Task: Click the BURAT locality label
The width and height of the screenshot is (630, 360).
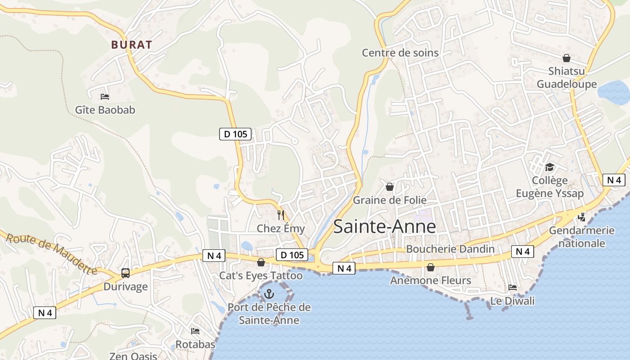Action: [131, 45]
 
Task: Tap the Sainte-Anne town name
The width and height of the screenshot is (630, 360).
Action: [384, 226]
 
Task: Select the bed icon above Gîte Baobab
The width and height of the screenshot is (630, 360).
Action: [105, 96]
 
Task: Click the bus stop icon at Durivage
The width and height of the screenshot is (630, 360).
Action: [126, 273]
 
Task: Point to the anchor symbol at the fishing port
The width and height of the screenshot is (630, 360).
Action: [269, 294]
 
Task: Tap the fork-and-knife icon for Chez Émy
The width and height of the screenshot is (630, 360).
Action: [281, 215]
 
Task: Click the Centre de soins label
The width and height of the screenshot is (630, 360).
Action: [400, 53]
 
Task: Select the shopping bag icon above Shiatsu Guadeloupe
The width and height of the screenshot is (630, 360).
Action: [566, 58]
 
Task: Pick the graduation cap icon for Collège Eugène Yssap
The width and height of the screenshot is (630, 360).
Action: [549, 167]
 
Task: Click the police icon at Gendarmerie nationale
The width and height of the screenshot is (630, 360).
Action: [582, 217]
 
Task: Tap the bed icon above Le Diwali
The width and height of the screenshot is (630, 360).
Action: [512, 288]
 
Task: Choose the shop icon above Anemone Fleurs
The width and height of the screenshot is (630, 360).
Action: [430, 267]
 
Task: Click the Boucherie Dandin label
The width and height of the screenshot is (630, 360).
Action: [450, 249]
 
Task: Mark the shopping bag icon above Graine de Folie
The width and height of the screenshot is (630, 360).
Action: [390, 187]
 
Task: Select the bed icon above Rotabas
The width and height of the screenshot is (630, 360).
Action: [195, 331]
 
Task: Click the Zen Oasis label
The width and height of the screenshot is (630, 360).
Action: [133, 356]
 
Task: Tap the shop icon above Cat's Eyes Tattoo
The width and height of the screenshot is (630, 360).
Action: [261, 262]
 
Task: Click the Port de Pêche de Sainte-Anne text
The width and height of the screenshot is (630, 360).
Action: [269, 314]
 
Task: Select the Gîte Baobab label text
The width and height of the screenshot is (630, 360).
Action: [105, 110]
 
